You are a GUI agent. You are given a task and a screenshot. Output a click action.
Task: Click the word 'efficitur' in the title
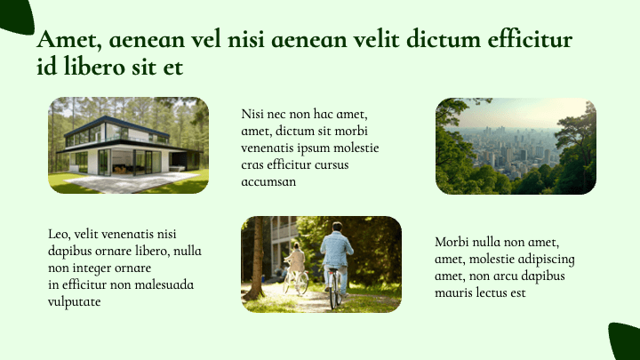coord(520,41)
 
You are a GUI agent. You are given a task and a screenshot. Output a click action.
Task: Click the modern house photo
coord(128,145)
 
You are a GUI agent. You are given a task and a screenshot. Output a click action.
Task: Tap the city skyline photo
coord(516,146)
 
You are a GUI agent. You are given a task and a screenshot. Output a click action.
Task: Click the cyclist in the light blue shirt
coord(336,253)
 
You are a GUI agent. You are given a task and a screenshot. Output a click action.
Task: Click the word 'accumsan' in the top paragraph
coord(268,181)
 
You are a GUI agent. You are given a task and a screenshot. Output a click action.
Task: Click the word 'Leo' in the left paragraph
coord(58,234)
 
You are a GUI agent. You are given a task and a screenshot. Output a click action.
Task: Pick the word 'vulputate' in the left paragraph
coord(74,301)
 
